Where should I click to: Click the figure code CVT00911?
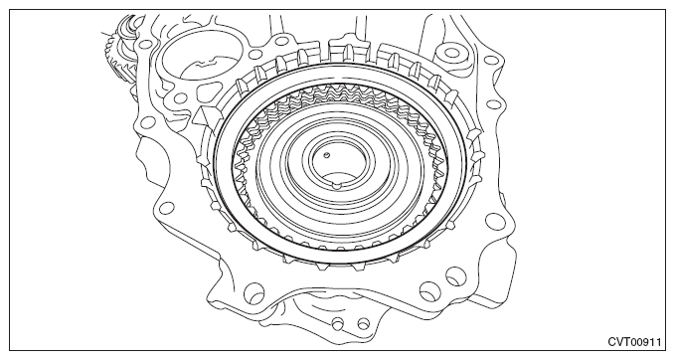[x=634, y=341]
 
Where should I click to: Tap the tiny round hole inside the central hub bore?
[x=326, y=155]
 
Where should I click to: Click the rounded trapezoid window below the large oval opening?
[x=208, y=93]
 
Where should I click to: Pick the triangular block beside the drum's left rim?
[x=206, y=115]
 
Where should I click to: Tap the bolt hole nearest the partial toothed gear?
[x=143, y=44]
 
